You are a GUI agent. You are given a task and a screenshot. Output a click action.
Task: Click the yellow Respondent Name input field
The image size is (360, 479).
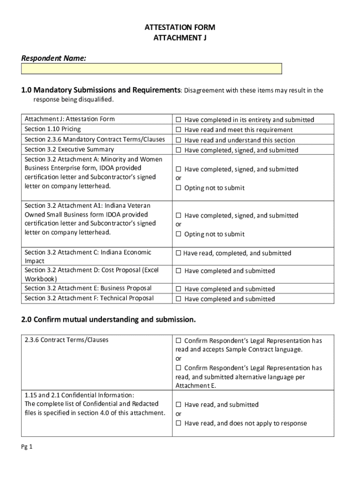[x=151, y=69]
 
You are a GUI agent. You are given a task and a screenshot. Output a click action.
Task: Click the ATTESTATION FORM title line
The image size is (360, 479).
[x=180, y=28]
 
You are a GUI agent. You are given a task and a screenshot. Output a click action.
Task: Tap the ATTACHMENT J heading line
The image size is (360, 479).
[x=180, y=38]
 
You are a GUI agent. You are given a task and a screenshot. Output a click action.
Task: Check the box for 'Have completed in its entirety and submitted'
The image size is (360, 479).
[x=178, y=120]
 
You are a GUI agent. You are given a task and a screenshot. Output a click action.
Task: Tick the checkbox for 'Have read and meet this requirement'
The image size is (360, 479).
[x=178, y=130]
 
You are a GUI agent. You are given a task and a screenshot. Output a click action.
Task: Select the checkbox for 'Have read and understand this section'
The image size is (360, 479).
[x=178, y=140]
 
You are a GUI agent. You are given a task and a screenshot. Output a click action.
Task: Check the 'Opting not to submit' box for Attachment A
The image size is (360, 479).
[x=178, y=188]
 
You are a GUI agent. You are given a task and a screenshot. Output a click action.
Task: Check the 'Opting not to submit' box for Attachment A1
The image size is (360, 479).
[x=178, y=234]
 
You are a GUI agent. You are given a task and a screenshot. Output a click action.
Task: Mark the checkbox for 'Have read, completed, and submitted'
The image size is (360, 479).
[x=178, y=254]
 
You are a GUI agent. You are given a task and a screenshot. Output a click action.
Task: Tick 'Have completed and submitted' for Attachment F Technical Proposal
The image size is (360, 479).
[x=178, y=299]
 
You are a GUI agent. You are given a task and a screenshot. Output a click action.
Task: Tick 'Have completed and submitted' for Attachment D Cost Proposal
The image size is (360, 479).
[x=178, y=271]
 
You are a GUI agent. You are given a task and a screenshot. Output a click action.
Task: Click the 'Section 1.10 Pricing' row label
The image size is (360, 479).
[x=52, y=129]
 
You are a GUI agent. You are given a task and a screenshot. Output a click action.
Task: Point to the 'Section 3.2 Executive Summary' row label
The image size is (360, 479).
[x=69, y=150]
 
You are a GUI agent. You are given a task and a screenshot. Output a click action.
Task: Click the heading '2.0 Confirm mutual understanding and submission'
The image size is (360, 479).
[x=108, y=319]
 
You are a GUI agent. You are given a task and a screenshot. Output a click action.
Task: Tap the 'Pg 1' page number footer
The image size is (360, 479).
[x=26, y=447]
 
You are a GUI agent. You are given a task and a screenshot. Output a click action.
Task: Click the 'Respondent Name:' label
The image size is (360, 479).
[x=53, y=58]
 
